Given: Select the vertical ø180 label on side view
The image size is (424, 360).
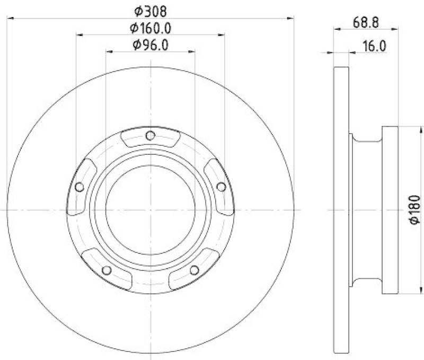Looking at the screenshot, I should [x=415, y=210].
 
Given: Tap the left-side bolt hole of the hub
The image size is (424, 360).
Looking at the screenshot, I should [x=79, y=187].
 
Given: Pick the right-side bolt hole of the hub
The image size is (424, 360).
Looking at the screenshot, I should [x=222, y=186].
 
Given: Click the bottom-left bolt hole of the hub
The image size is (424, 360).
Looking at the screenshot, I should [x=107, y=270].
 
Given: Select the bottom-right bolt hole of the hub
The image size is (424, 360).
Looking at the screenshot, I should [x=195, y=270].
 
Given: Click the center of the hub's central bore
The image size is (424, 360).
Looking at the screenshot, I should [x=151, y=210].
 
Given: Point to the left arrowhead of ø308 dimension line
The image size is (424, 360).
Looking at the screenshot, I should [x=10, y=18].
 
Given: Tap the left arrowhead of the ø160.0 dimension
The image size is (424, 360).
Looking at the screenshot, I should [x=79, y=35].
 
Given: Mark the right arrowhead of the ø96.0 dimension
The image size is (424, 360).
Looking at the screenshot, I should [x=192, y=52].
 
